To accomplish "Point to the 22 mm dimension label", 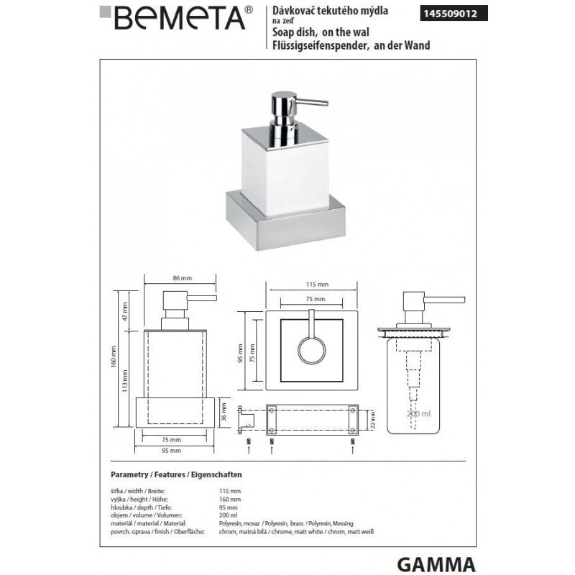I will click(x=372, y=416).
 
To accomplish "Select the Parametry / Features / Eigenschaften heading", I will click(x=176, y=476).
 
